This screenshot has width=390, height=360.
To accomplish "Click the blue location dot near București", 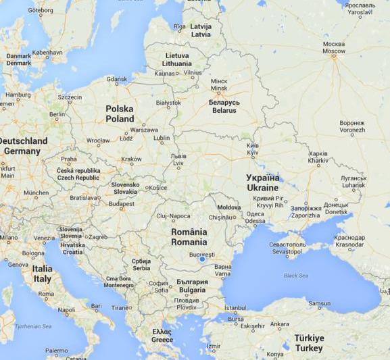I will click(x=201, y=259).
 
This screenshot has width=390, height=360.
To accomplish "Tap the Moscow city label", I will click(x=333, y=47).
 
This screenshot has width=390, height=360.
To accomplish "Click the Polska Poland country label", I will click(x=120, y=113).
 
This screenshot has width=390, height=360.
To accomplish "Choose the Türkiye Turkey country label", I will click(x=308, y=342).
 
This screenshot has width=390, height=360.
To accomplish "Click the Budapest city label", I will click(x=122, y=203).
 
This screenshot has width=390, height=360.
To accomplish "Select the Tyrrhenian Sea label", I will click(x=33, y=327).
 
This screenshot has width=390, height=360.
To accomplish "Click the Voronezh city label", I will click(x=352, y=128).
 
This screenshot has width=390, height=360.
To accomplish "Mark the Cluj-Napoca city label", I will click(x=173, y=216).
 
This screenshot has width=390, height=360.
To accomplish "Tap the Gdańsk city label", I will click(x=116, y=80).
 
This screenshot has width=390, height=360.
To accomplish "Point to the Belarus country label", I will click(x=224, y=106).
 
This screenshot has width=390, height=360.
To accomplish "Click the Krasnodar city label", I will click(x=349, y=240).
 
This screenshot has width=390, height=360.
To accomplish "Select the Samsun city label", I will click(x=319, y=304).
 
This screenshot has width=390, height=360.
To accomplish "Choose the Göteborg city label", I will click(x=41, y=11).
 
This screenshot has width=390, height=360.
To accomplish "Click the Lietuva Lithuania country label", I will click(x=177, y=59).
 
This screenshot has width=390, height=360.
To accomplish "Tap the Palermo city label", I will click(x=56, y=352).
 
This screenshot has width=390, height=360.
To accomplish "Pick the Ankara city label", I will click(x=279, y=325).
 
